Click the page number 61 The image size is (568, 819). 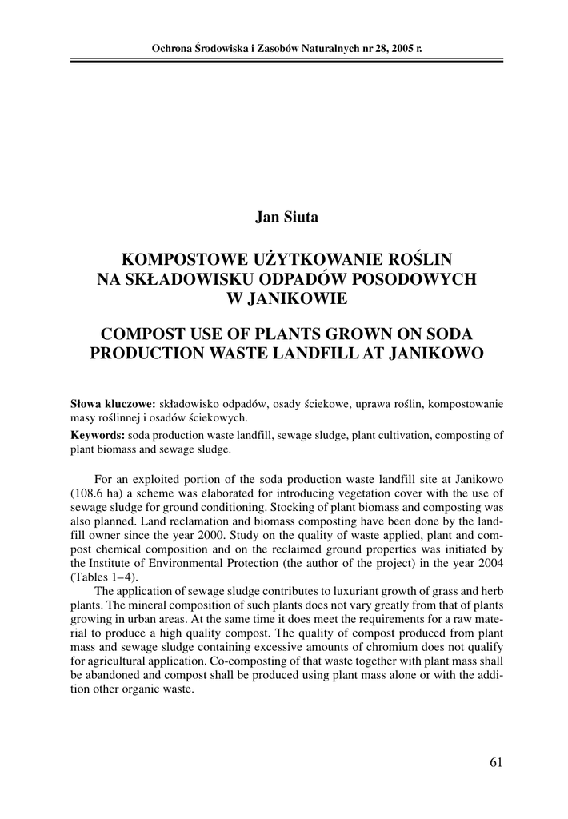496,763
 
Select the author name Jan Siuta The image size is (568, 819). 286,217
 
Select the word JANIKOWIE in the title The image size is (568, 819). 286,299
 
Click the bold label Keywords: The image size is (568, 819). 98,436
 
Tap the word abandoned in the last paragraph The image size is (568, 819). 122,679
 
